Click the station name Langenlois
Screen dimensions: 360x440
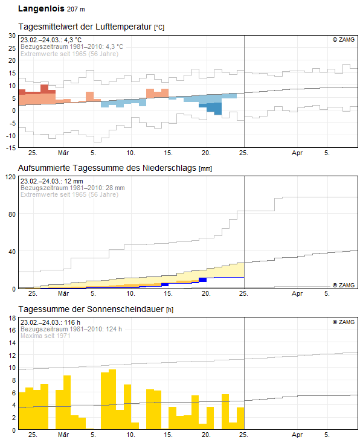[41, 8]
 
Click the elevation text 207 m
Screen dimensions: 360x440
[76, 9]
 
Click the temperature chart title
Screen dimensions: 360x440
[91, 27]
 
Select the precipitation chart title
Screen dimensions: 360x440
[115, 168]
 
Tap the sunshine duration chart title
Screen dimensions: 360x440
[96, 309]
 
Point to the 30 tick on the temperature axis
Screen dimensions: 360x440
[12, 36]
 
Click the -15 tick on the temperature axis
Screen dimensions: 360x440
[11, 148]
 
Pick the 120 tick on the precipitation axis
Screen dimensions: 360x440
[11, 177]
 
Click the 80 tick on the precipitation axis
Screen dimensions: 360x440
[12, 214]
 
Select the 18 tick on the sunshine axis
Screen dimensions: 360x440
[12, 318]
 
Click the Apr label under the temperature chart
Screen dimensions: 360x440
[297, 153]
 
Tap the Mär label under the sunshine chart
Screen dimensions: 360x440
[63, 435]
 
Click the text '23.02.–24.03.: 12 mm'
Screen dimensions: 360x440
[52, 181]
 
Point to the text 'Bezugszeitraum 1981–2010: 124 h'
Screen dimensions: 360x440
[71, 329]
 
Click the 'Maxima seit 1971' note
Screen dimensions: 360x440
[45, 336]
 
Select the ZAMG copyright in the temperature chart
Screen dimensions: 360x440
[344, 40]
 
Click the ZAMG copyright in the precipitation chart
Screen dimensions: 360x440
[344, 285]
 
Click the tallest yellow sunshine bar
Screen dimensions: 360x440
[112, 400]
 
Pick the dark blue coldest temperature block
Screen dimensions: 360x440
[214, 108]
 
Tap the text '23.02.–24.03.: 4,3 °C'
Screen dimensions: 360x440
[51, 40]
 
